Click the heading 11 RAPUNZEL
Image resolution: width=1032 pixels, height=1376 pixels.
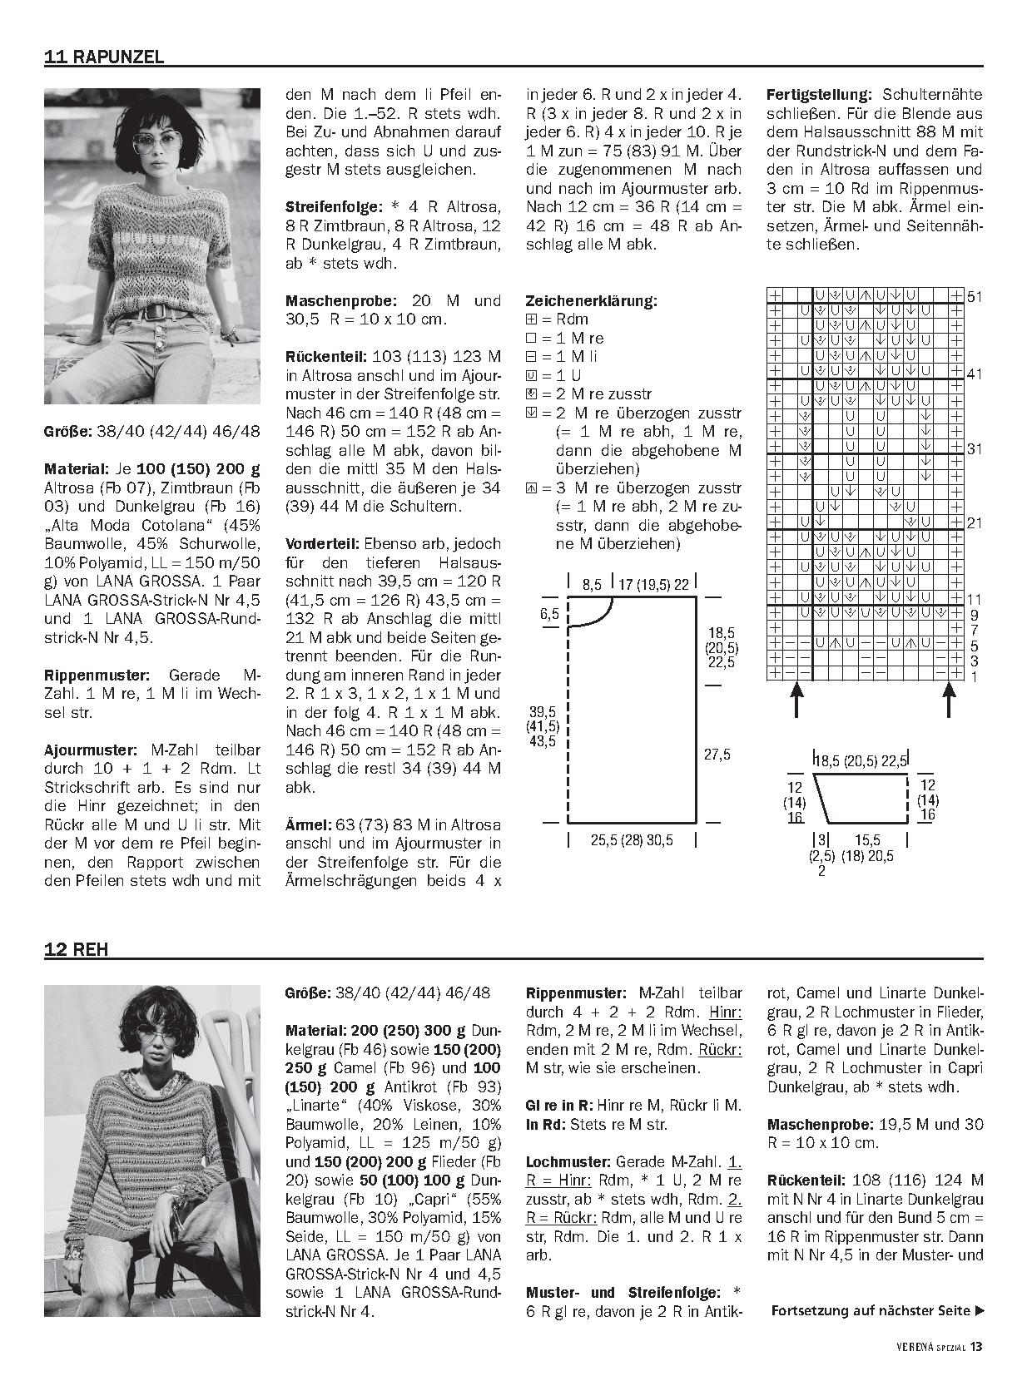(x=104, y=57)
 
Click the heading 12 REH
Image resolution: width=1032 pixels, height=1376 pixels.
(x=76, y=949)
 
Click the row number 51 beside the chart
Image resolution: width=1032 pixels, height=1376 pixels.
(x=975, y=297)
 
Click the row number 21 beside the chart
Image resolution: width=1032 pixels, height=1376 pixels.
(x=975, y=523)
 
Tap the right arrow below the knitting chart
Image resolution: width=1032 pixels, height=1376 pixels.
(x=950, y=700)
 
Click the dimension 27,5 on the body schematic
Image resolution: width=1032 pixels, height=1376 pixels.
(x=716, y=755)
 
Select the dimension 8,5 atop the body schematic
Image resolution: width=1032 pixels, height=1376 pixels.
(x=592, y=585)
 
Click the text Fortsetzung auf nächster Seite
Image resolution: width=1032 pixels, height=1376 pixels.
(x=871, y=1311)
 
